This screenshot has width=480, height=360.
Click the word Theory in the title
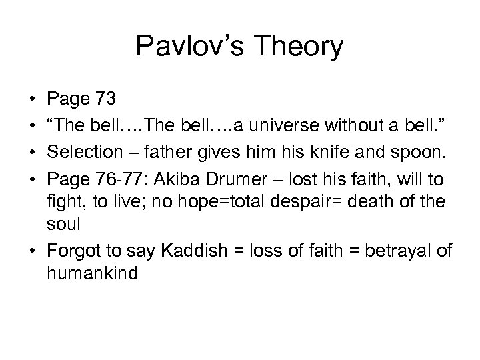(x=301, y=47)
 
